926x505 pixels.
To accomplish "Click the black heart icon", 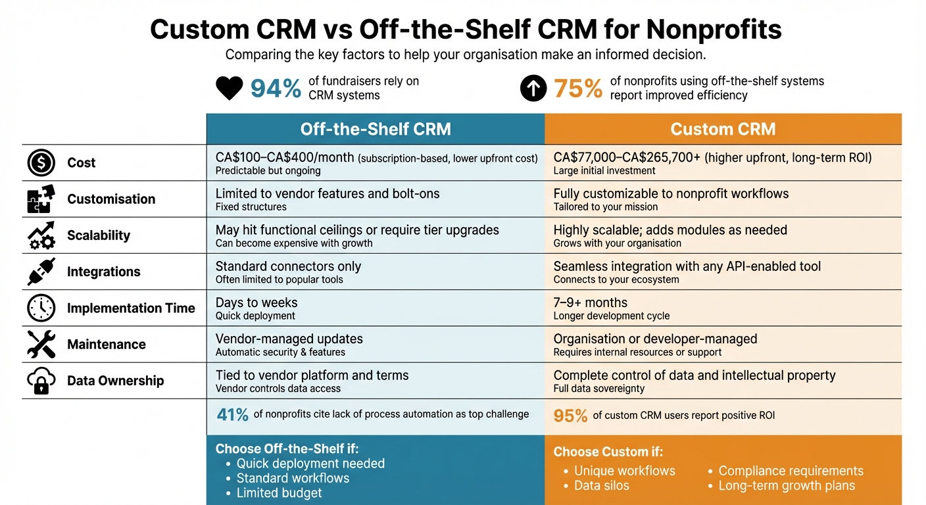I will point(230,88).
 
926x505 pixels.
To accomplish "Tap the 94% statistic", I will point(276,88).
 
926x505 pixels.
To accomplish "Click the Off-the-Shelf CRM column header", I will point(376,129).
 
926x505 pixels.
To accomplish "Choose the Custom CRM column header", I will point(723,129).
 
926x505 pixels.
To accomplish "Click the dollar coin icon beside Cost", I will point(41,163).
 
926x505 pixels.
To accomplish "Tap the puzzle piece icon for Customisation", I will point(41,199).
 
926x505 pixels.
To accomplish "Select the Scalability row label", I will point(99,235).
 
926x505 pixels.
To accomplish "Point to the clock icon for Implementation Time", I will point(41,308).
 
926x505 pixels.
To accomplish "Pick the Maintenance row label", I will point(106,345).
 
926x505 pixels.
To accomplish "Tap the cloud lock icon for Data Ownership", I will point(41,381).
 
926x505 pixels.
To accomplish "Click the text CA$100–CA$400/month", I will point(285,158).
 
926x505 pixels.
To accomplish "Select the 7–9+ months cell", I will point(590,303).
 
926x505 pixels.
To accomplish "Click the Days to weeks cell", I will point(256,303).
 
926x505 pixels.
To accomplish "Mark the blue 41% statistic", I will point(233,414).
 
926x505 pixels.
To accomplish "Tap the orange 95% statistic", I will point(570,416).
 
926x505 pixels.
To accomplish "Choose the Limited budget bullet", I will point(279,493).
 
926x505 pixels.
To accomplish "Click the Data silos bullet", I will point(601,486).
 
